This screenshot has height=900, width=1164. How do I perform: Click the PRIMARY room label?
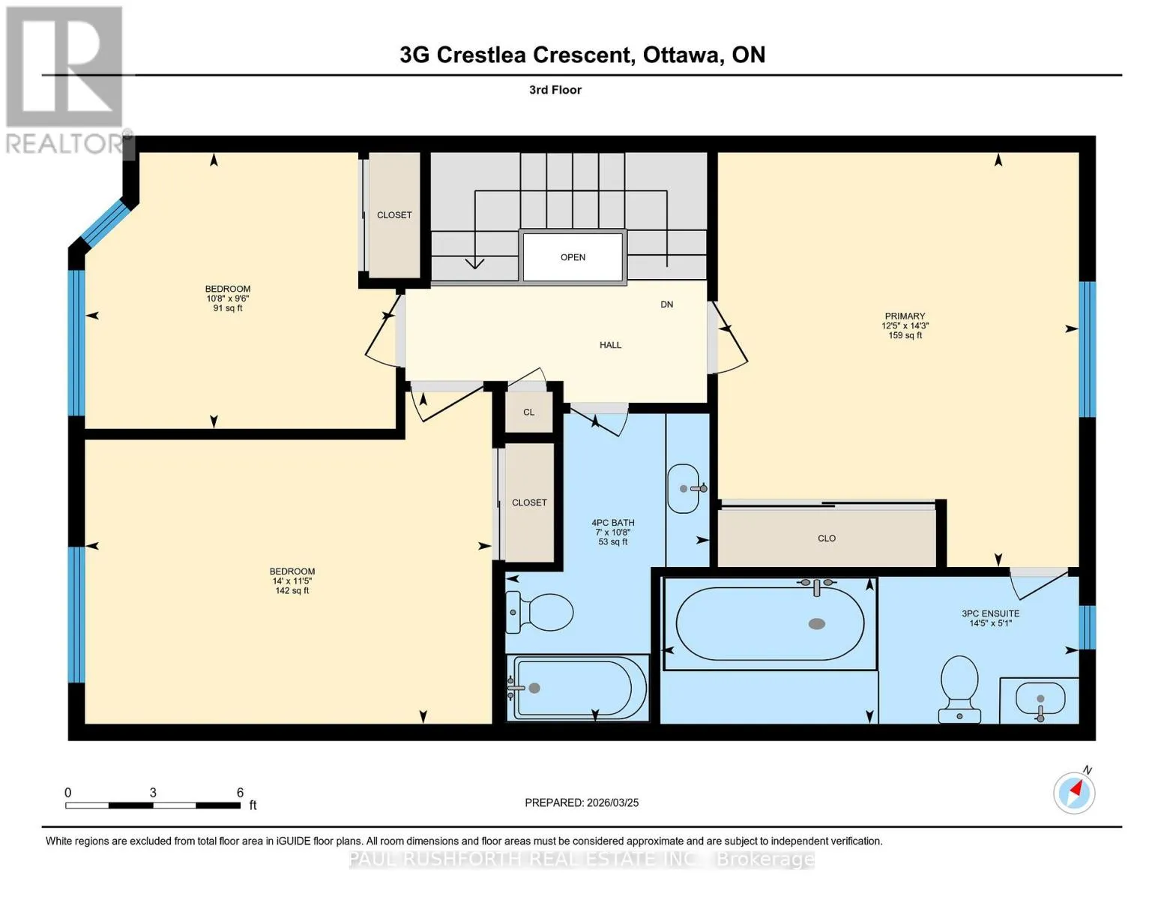tap(905, 316)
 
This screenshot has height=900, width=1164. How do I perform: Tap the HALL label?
tap(610, 345)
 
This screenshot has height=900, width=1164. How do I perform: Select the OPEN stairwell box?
tap(573, 257)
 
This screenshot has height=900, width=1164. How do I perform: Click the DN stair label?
tap(666, 304)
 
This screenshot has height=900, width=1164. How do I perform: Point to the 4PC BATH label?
tap(613, 523)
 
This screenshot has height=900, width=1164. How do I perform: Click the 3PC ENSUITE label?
tap(990, 613)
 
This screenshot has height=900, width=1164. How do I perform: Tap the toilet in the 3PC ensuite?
tap(959, 689)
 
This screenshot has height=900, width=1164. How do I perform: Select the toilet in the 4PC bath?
tap(539, 611)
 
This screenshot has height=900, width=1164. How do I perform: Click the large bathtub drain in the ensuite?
tap(816, 623)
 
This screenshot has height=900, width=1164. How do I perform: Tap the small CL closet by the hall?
tap(529, 412)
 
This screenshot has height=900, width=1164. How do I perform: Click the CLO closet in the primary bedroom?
tap(827, 538)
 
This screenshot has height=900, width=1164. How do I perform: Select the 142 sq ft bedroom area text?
tap(292, 591)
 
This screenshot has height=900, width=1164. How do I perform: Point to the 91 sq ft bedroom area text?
tap(228, 308)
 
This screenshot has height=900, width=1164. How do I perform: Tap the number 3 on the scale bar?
tap(153, 792)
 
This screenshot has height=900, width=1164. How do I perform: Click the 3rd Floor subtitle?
tap(555, 90)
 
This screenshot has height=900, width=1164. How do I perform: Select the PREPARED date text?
tap(582, 802)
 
